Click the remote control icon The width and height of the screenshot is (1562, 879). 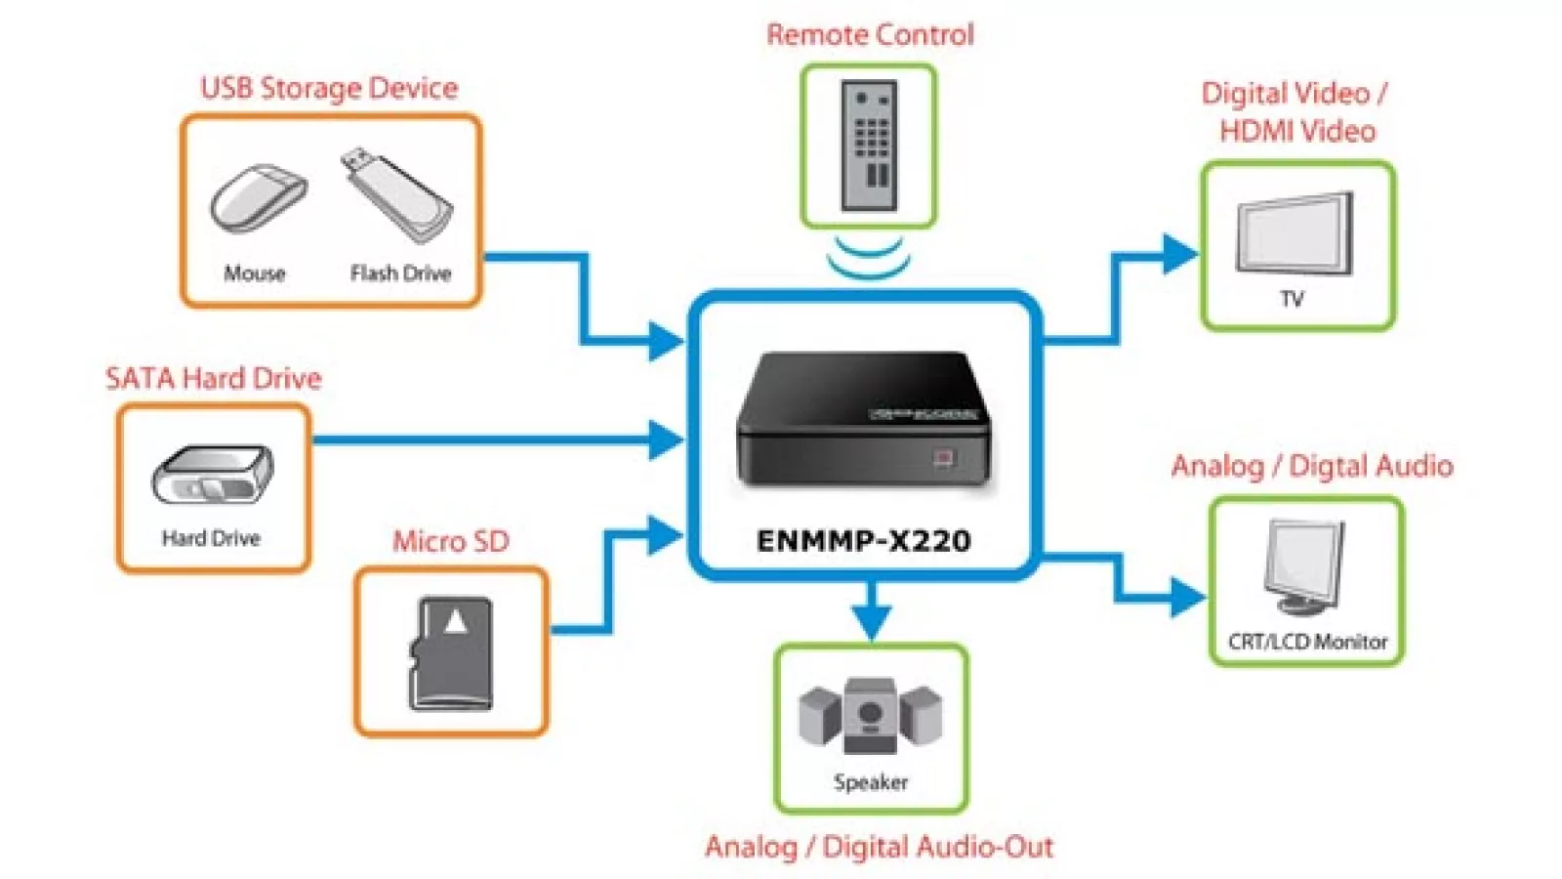point(869,146)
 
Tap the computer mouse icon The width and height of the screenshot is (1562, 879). point(258,198)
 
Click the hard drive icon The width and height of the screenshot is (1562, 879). point(213,475)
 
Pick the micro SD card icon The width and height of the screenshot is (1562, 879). point(451,653)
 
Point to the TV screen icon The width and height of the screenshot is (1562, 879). point(1295,234)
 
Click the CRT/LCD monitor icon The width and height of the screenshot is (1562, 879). point(1304,566)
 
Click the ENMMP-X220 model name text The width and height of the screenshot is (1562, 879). point(864,540)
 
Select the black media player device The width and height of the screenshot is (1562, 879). point(864,420)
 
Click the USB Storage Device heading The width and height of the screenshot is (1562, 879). point(329,88)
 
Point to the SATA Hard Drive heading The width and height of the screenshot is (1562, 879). point(213,378)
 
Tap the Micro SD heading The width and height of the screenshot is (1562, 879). point(451,540)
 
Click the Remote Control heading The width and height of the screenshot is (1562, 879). point(870,34)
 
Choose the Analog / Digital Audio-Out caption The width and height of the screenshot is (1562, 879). point(879,846)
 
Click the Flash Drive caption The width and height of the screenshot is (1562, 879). point(400,273)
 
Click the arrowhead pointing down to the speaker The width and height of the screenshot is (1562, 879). point(871,621)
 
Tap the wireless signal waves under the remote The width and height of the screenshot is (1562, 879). point(868,257)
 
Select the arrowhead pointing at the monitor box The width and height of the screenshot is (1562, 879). point(1187,597)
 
